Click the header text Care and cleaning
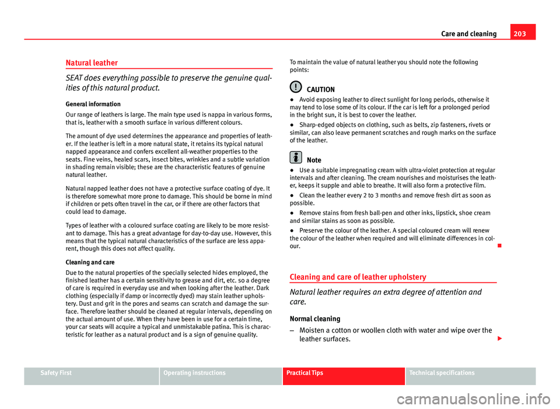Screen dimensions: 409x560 pos(468,34)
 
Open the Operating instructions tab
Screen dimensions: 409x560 pos(194,373)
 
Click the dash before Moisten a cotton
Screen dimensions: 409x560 pos(292,331)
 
